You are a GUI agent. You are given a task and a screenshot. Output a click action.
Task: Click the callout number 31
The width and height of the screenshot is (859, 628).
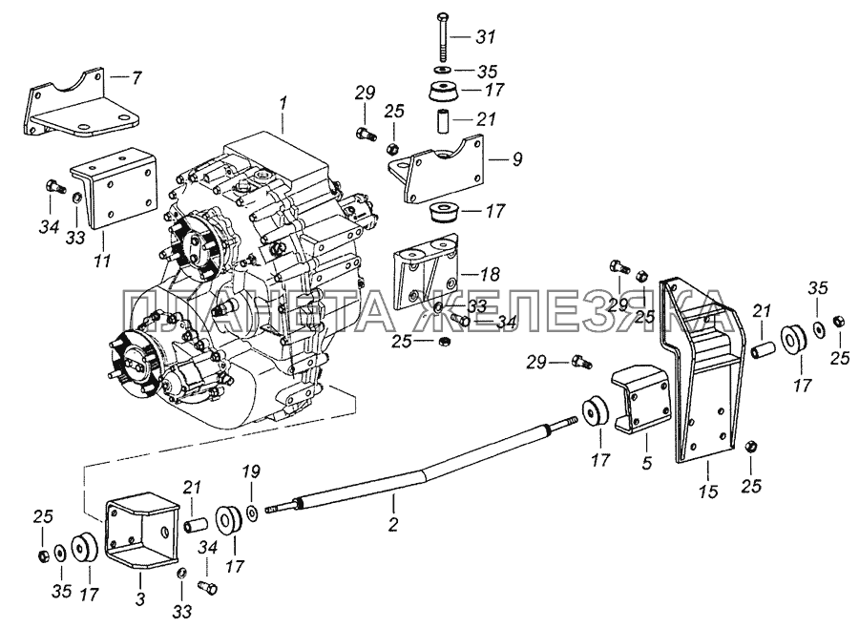(486, 37)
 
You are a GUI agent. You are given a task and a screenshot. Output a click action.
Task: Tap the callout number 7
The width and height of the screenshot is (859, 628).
(136, 78)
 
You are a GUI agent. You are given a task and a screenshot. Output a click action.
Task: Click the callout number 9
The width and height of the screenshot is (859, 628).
(517, 159)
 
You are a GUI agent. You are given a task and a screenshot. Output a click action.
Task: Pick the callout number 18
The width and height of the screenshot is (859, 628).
(490, 274)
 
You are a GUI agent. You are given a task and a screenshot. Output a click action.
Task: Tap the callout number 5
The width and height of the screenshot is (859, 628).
(646, 463)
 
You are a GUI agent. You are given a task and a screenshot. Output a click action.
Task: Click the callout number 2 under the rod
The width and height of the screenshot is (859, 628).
(392, 524)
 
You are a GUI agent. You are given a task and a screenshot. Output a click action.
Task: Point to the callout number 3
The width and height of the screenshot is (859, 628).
(140, 599)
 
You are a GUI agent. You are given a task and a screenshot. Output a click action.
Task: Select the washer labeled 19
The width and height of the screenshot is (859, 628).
(254, 513)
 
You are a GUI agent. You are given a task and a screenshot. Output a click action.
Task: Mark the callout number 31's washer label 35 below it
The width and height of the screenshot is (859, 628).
(487, 72)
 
